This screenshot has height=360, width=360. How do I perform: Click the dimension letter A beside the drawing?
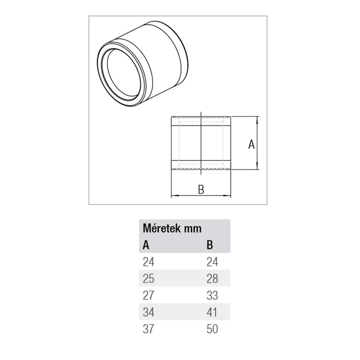click(251, 144)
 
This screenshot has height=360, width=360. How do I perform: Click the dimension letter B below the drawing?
click(201, 189)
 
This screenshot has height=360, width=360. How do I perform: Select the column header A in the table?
click(146, 245)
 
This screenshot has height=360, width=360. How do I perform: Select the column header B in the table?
click(210, 245)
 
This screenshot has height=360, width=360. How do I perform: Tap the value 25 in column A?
click(148, 277)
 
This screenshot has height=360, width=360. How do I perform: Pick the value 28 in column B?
click(212, 277)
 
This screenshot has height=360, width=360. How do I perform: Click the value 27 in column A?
click(148, 294)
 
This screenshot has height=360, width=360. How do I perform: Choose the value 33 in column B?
click(212, 294)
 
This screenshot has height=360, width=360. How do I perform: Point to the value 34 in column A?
click(148, 311)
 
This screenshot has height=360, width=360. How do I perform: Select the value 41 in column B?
click(212, 311)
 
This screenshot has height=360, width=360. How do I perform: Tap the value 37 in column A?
click(148, 328)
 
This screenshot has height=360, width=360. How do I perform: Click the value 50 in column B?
click(212, 328)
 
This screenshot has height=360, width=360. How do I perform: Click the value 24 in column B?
click(212, 261)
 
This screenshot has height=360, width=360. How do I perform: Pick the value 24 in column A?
click(148, 261)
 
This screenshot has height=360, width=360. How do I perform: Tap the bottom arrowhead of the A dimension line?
click(257, 167)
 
